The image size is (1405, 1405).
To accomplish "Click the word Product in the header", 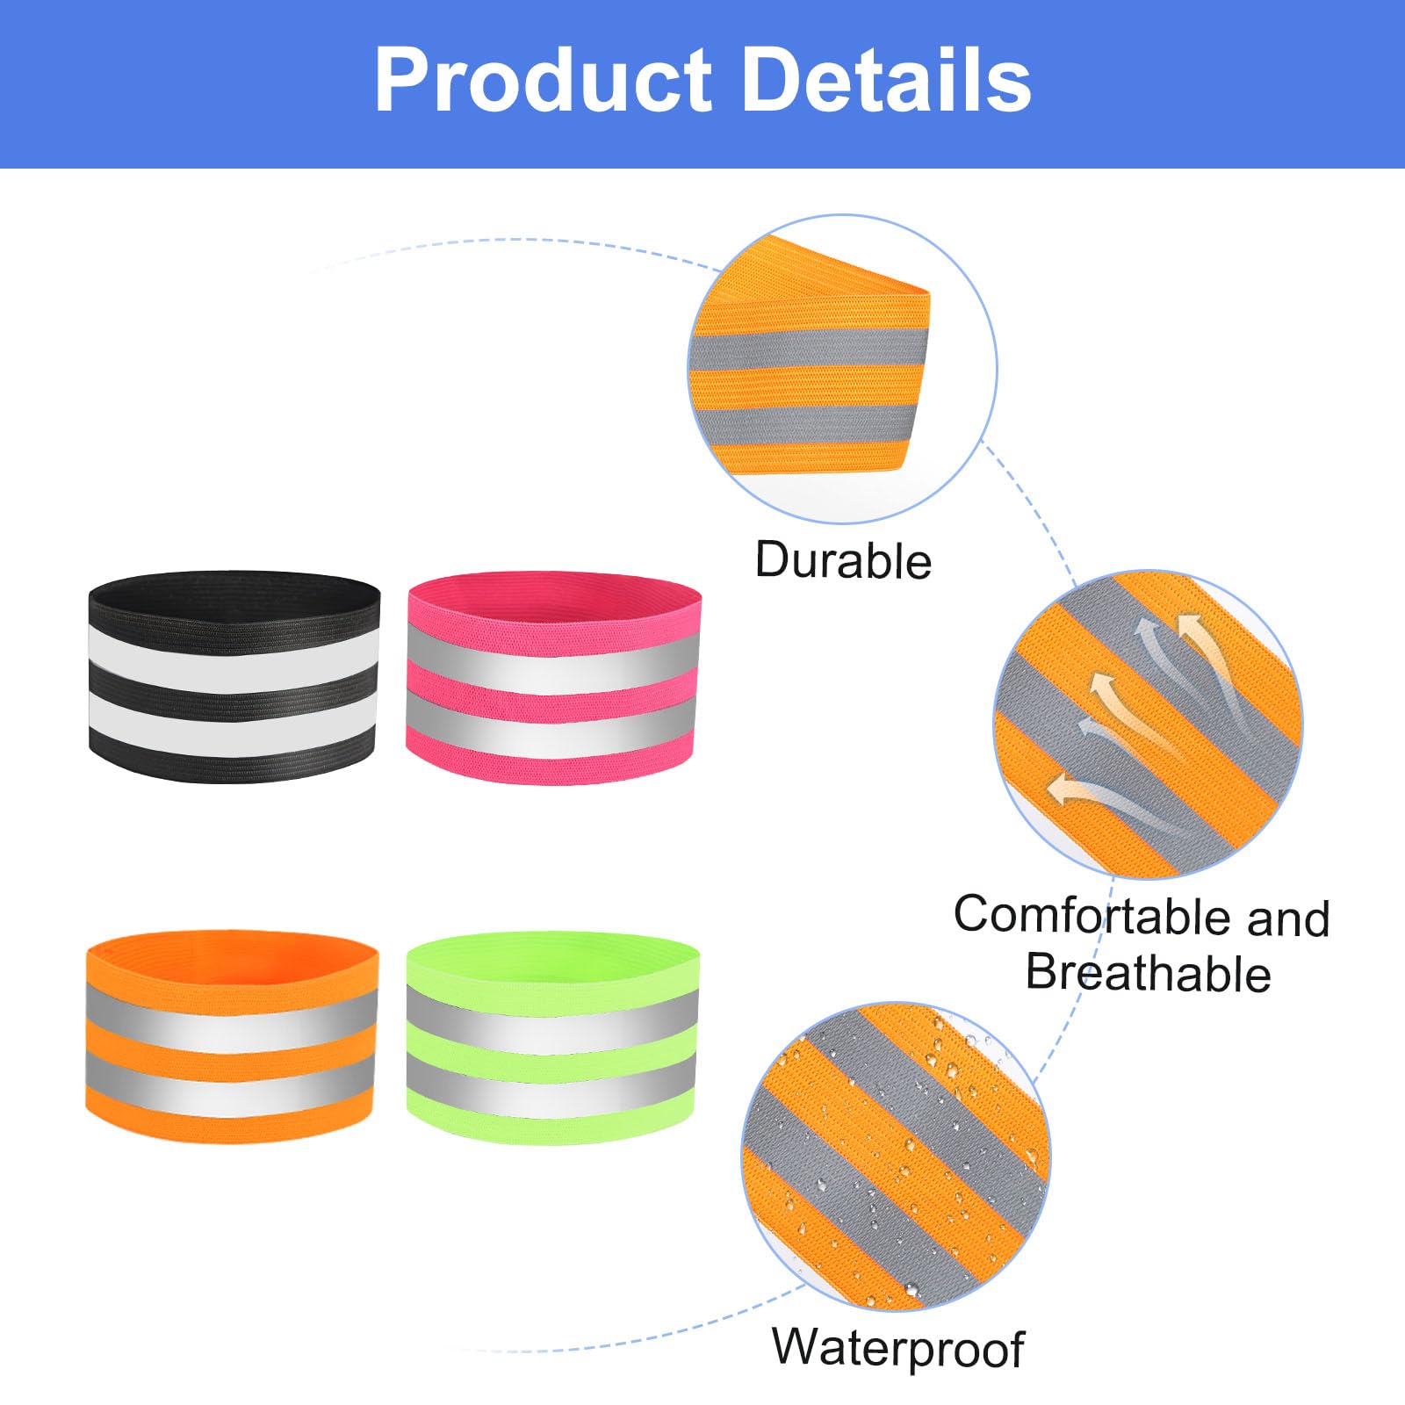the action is click(542, 80).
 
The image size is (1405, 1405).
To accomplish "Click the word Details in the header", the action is click(887, 80).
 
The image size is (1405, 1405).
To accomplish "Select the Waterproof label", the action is click(898, 1348).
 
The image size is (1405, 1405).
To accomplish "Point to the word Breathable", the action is click(1149, 972).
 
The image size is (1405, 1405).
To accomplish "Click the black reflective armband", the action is click(234, 676).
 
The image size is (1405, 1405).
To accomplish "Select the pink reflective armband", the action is click(553, 678).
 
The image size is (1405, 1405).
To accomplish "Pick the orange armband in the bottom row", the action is click(232, 1036).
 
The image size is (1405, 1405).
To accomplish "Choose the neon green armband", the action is click(553, 1038).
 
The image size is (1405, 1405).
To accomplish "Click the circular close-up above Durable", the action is click(842, 369).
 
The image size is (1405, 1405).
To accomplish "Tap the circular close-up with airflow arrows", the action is click(1148, 724).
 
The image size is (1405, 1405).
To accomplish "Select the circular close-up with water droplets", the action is click(896, 1156).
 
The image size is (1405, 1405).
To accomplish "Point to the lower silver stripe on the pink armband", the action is click(553, 723).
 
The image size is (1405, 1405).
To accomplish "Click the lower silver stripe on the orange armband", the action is click(231, 1082).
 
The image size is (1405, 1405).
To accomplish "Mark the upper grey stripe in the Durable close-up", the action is click(808, 349).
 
